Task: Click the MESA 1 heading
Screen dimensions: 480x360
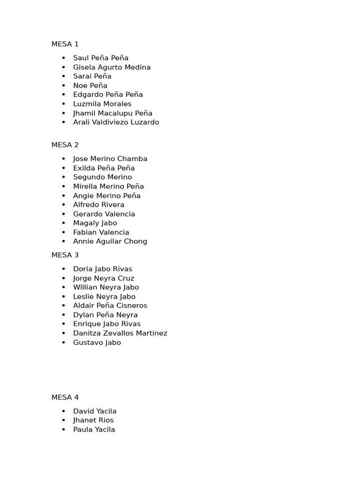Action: click(x=65, y=44)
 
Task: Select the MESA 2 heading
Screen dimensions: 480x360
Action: click(x=65, y=145)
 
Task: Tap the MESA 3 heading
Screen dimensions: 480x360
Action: click(x=65, y=255)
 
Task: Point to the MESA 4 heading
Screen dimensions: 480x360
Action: click(x=65, y=397)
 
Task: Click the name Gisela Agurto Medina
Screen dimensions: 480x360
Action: click(x=112, y=67)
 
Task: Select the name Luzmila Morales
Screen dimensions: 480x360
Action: click(x=102, y=104)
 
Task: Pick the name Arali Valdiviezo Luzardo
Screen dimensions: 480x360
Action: click(x=116, y=122)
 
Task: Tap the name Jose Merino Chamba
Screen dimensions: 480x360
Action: click(x=110, y=158)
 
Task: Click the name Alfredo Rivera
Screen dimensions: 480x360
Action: click(x=98, y=205)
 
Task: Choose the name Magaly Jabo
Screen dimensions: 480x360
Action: click(x=95, y=223)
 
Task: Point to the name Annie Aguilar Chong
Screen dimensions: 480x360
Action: click(x=110, y=241)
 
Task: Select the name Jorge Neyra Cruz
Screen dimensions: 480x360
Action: click(x=104, y=278)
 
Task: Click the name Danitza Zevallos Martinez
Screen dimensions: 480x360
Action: click(x=120, y=333)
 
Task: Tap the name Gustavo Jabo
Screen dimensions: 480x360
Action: click(x=97, y=342)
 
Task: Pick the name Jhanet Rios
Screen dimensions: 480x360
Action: click(x=93, y=420)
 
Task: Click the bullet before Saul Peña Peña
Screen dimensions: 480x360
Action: click(x=64, y=58)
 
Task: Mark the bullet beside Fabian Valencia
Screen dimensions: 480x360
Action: click(x=64, y=232)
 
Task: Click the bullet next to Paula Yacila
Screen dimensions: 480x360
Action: click(x=64, y=430)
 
